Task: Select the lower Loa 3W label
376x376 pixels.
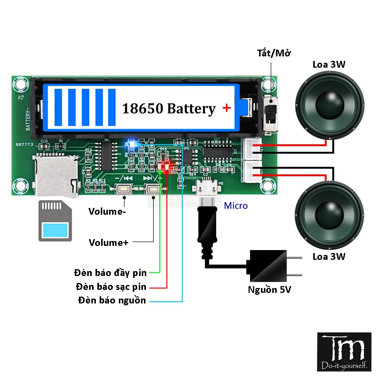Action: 329,257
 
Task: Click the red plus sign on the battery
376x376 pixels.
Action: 226,108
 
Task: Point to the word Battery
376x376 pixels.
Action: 191,109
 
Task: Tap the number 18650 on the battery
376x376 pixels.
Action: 143,109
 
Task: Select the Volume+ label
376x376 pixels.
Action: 108,243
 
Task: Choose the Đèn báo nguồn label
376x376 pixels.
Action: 112,300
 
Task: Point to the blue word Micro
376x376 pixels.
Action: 236,206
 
